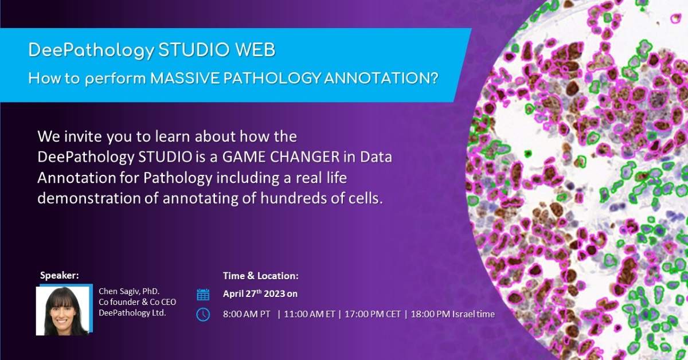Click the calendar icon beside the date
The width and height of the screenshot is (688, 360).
tap(203, 295)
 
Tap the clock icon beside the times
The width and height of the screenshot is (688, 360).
tap(203, 314)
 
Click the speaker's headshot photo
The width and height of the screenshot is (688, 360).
tap(62, 311)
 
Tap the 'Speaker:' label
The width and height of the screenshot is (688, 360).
tap(59, 275)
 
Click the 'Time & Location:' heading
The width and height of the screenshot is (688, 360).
tap(261, 276)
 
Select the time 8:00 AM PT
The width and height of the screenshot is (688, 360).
tap(247, 314)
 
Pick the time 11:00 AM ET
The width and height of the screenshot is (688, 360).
tap(310, 314)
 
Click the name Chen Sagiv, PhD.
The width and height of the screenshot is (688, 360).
tap(129, 291)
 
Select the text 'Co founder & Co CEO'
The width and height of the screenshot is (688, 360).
tap(137, 302)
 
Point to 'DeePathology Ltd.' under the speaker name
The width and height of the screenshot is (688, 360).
tap(132, 312)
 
